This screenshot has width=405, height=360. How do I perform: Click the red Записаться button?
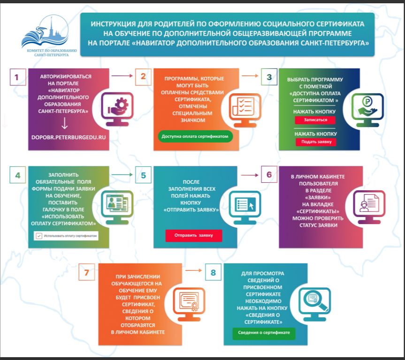[x=315, y=120]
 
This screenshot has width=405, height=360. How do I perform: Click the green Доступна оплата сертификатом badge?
[x=195, y=136]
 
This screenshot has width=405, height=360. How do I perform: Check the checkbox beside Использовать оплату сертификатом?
[x=38, y=236]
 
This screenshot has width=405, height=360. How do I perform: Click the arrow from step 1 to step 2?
[x=122, y=75]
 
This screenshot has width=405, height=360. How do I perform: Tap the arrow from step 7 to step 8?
[x=192, y=270]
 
